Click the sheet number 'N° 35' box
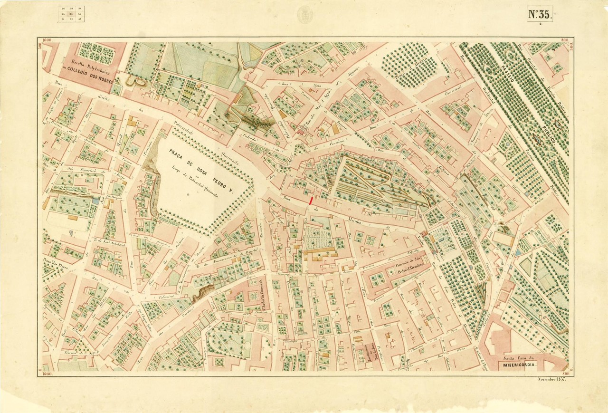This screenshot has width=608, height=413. coord(540,14)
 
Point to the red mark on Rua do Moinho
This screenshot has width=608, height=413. coord(311,201)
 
